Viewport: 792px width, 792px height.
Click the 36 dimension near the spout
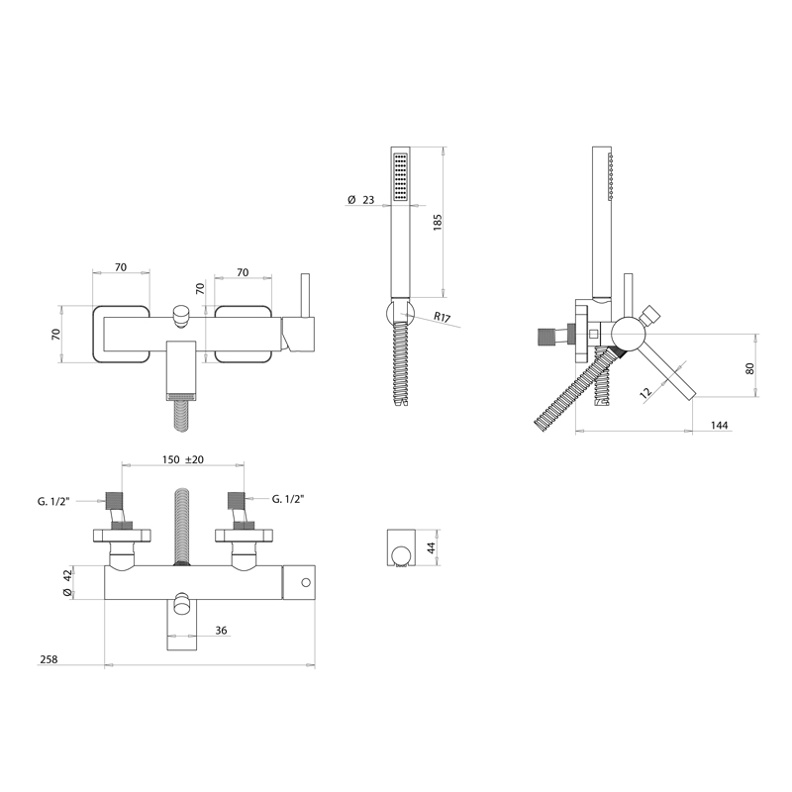(222, 629)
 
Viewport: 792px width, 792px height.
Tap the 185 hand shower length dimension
(435, 223)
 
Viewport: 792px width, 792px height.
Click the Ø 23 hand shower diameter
(362, 200)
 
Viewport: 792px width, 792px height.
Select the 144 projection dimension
(720, 425)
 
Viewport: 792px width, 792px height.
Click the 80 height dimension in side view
(750, 368)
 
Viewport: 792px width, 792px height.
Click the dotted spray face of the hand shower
(400, 177)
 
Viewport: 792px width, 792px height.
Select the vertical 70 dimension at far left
(56, 334)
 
